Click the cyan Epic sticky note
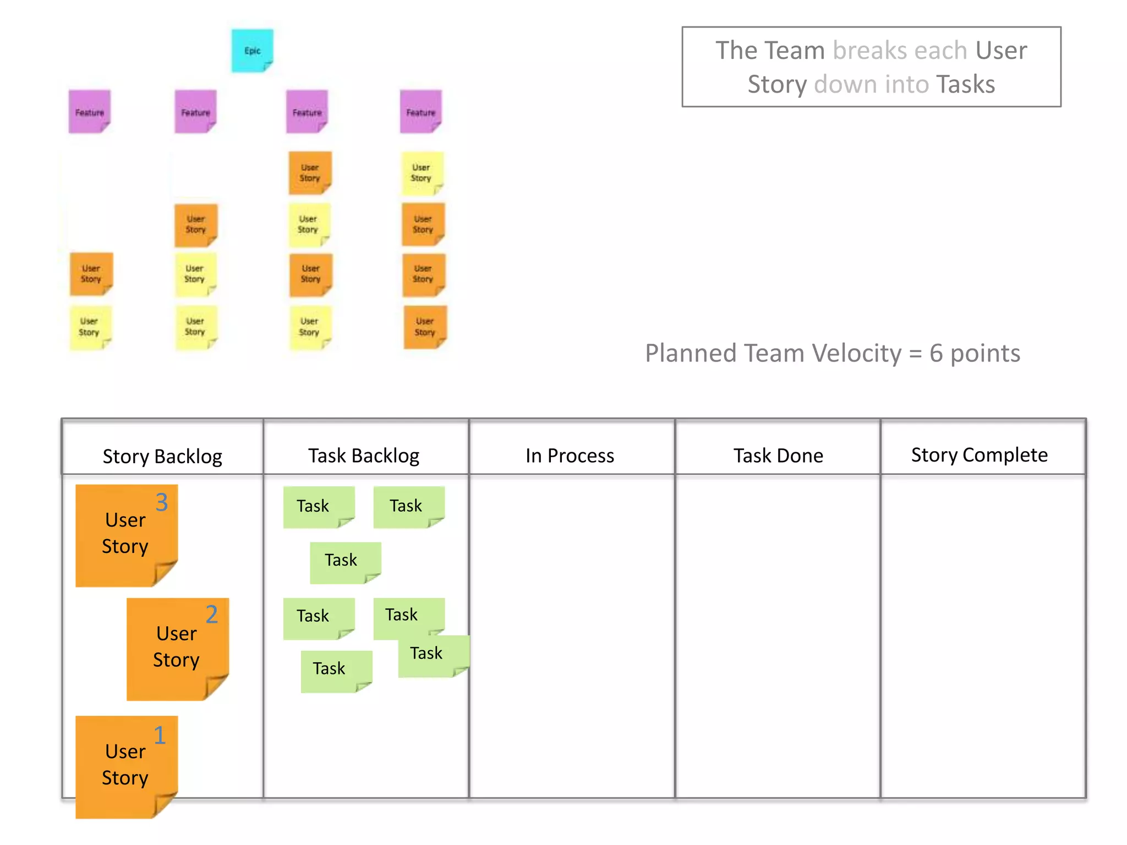(252, 51)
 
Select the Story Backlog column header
(162, 456)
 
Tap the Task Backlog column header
(364, 456)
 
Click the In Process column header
(570, 456)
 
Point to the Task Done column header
(778, 456)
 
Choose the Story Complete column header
(979, 455)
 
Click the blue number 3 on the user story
(161, 502)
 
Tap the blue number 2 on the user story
(212, 614)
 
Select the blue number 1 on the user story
(160, 736)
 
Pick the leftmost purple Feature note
(90, 112)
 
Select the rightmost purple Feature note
(421, 112)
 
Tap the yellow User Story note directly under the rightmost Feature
(422, 173)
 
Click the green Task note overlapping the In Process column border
(433, 656)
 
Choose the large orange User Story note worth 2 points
(177, 649)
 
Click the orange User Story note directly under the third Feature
(310, 173)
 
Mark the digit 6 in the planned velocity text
(936, 353)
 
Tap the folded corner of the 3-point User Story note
(165, 574)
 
